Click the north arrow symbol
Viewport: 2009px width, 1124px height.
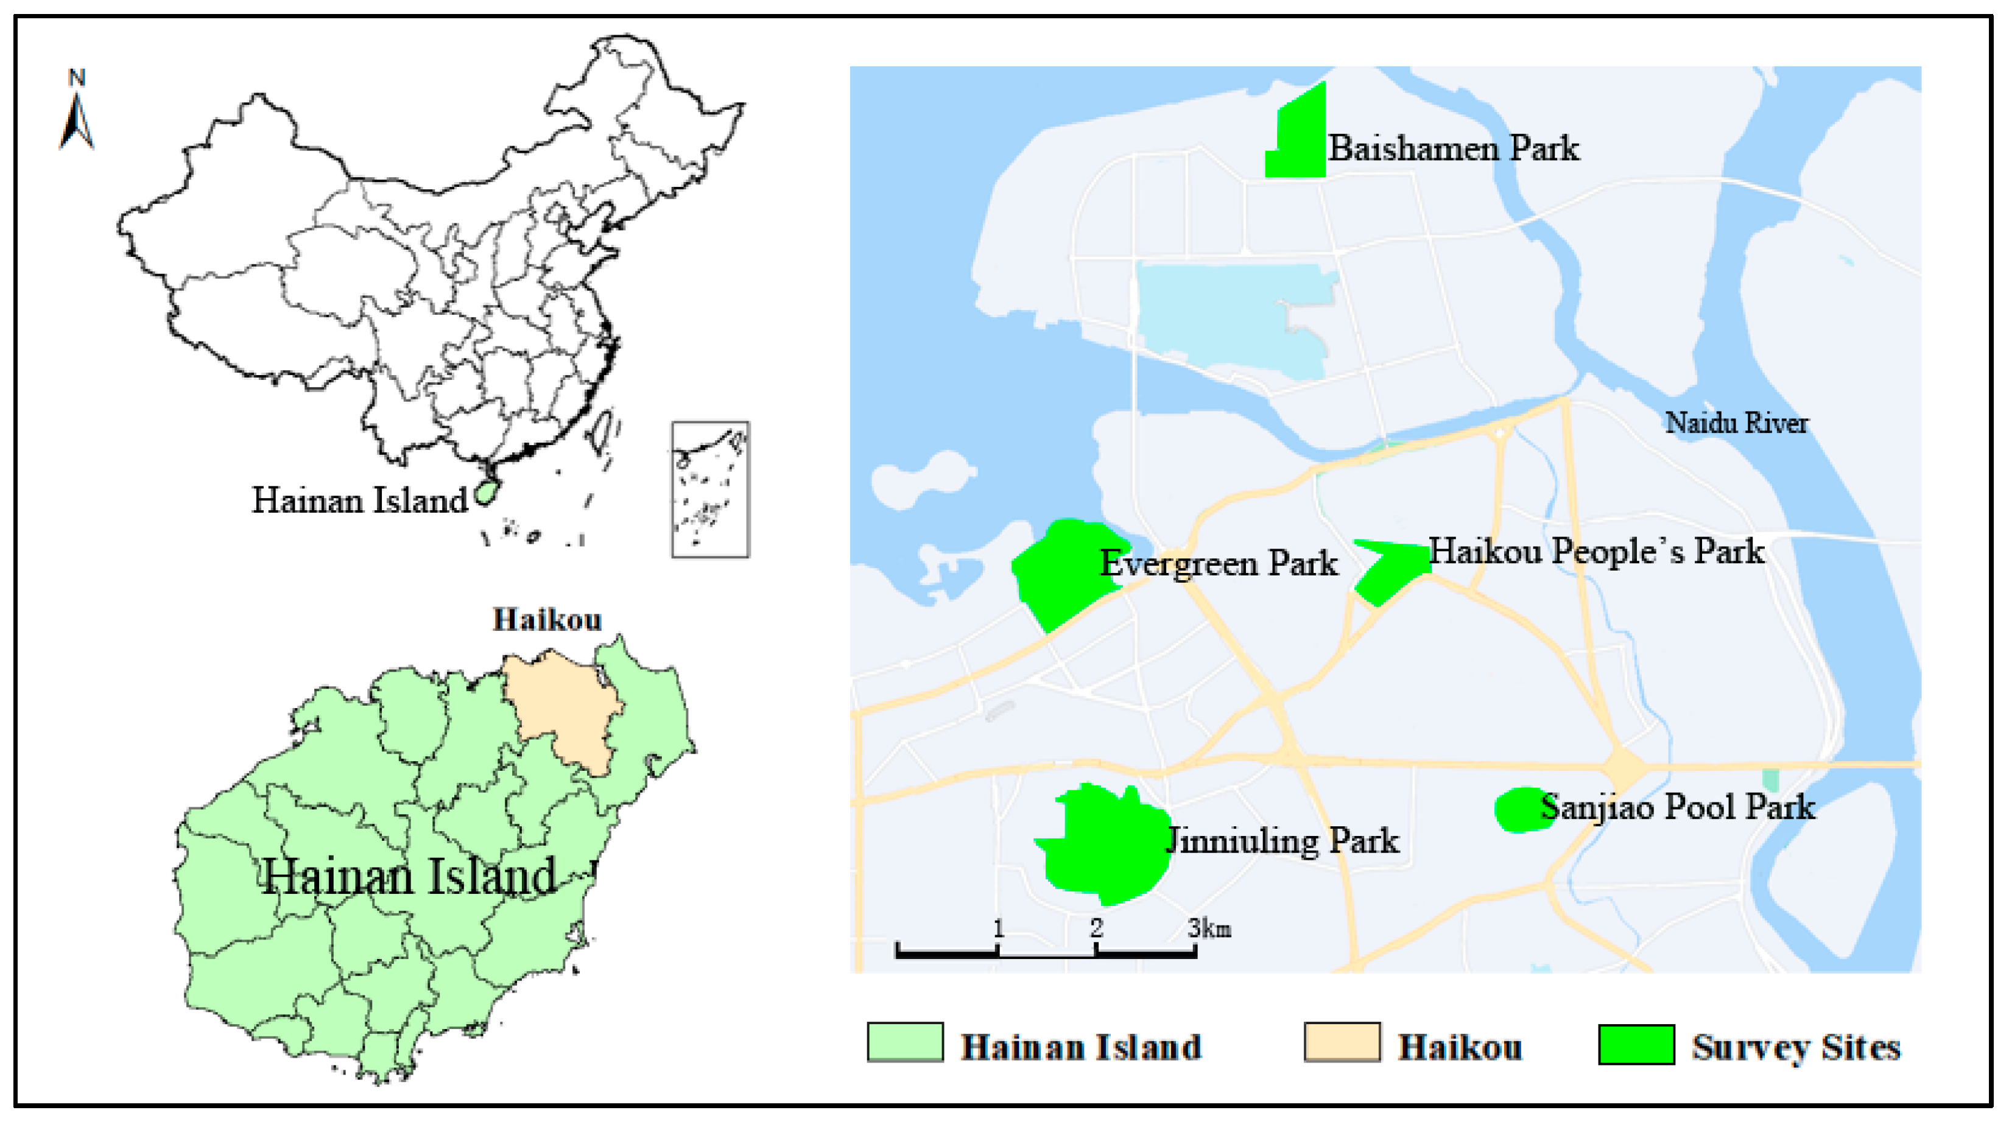pyautogui.click(x=77, y=113)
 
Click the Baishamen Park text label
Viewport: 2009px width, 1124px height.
pyautogui.click(x=1454, y=148)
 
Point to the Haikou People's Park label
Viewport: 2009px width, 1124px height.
pyautogui.click(x=1596, y=552)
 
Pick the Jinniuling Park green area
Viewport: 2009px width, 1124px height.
pyautogui.click(x=1103, y=846)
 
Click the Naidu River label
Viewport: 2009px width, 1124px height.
pyautogui.click(x=1736, y=423)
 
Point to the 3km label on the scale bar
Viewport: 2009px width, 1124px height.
pyautogui.click(x=1209, y=928)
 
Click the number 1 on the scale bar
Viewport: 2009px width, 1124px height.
pyautogui.click(x=998, y=928)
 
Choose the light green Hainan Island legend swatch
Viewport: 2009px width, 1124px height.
pyautogui.click(x=905, y=1043)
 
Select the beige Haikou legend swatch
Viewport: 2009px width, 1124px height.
pyautogui.click(x=1342, y=1043)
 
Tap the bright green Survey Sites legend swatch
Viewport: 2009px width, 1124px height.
pyautogui.click(x=1636, y=1044)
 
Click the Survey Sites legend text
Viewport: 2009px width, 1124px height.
pyautogui.click(x=1795, y=1047)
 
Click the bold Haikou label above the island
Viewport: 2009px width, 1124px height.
pyautogui.click(x=547, y=619)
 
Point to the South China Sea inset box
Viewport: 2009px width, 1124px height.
pyautogui.click(x=709, y=490)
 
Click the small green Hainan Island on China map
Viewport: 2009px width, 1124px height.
pyautogui.click(x=486, y=492)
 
